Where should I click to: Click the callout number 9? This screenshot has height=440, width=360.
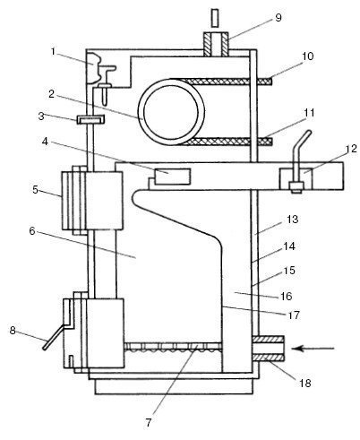pos(278,18)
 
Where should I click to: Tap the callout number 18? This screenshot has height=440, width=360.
pos(305,383)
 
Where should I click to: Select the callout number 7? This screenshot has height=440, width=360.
pos(149,422)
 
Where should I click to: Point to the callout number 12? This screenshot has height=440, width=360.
pos(352,149)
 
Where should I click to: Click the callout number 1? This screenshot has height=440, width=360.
pos(53,52)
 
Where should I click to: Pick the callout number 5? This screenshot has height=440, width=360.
pos(36,189)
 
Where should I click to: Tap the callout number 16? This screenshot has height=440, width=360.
pos(286,296)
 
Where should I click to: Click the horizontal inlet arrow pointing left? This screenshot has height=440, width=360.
pos(313,349)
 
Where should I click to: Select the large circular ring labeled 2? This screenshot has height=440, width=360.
pos(171,112)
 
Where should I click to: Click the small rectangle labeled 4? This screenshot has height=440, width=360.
pos(172,177)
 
